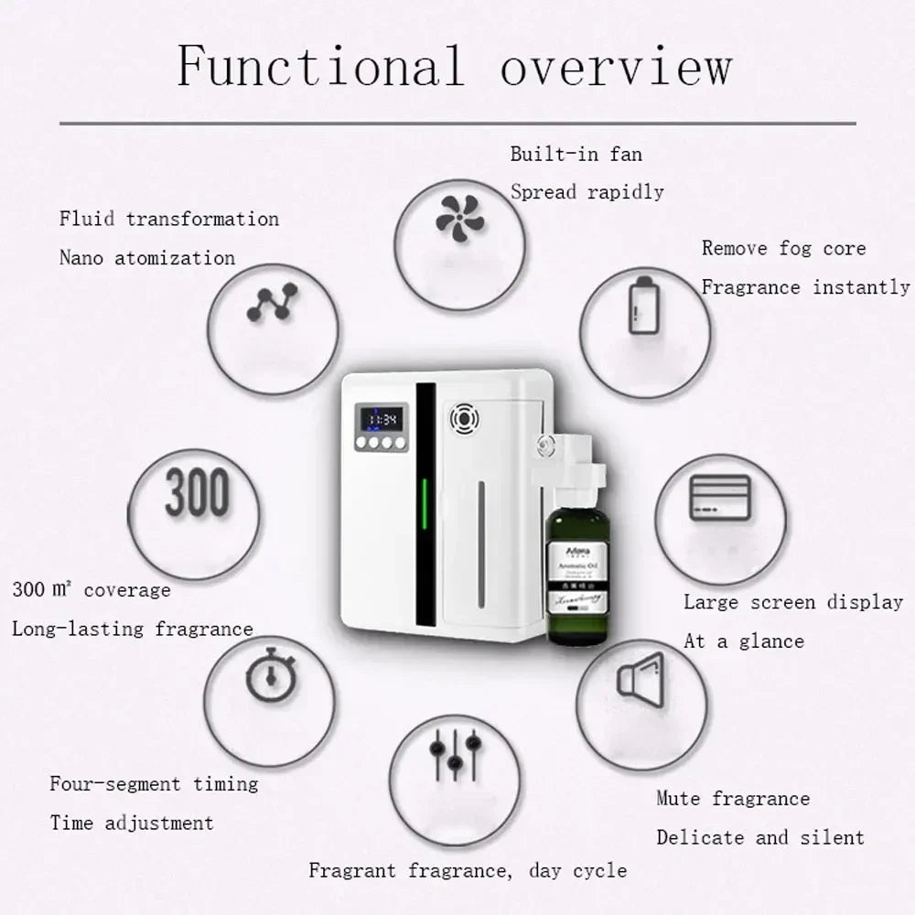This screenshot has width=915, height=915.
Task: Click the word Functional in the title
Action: (x=319, y=66)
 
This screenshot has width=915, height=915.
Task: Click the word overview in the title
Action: (x=615, y=66)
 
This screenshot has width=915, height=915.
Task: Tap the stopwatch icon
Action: (x=268, y=674)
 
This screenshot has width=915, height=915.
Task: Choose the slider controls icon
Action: (x=455, y=752)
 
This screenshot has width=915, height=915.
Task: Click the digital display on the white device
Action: (x=378, y=420)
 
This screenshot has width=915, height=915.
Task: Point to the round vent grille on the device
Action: (x=465, y=420)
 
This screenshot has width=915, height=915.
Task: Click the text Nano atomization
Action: (x=147, y=258)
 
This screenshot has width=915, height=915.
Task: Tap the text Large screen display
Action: (x=793, y=602)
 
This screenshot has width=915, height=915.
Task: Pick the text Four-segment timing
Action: (x=154, y=784)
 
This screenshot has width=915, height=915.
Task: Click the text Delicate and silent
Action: (x=759, y=837)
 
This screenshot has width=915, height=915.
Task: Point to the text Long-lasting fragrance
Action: (x=132, y=629)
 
